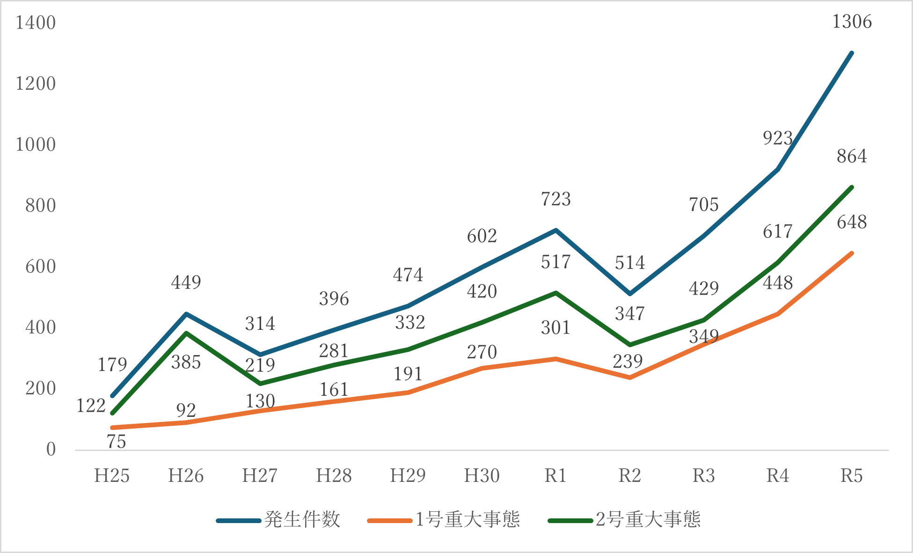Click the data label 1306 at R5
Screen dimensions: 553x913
(x=852, y=22)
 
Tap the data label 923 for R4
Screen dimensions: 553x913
(x=778, y=138)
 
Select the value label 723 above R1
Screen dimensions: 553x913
(x=556, y=199)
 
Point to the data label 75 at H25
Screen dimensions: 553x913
(x=116, y=442)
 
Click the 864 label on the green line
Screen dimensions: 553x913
(x=852, y=156)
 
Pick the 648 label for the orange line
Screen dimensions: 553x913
(x=852, y=222)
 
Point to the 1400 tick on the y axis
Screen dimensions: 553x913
(x=36, y=23)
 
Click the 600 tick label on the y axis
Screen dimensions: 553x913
(x=40, y=267)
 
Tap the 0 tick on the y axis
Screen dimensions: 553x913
(x=51, y=450)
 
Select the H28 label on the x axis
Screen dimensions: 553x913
(x=334, y=476)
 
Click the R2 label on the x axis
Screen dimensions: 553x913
(x=630, y=476)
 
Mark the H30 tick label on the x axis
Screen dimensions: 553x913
(x=482, y=476)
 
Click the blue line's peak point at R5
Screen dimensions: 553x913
(x=852, y=53)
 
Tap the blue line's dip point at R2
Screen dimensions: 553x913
(x=630, y=294)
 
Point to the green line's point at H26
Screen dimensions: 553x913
(x=186, y=333)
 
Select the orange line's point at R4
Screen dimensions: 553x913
(x=778, y=314)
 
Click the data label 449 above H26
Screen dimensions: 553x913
(x=186, y=282)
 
